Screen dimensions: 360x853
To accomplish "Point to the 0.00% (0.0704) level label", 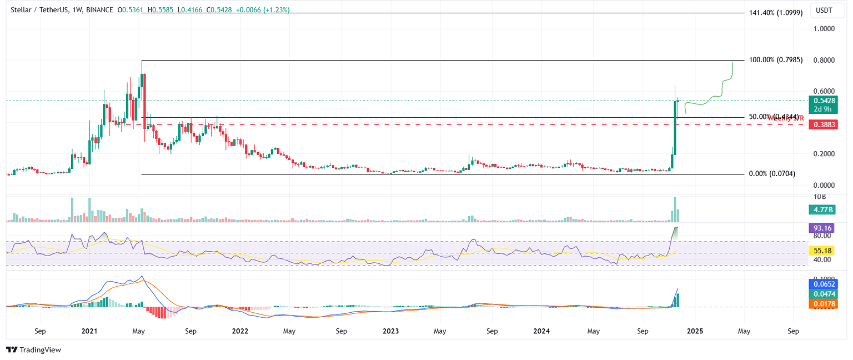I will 772,174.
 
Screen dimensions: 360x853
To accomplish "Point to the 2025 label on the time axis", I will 695,331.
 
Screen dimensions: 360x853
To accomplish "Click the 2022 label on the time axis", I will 240,331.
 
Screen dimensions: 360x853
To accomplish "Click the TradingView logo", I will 33,350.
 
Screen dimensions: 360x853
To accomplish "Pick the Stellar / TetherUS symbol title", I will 38,10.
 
